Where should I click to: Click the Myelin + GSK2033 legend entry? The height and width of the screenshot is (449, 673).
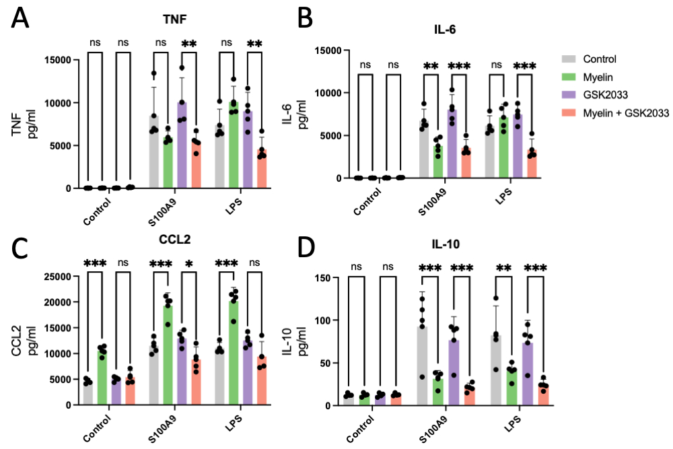pyautogui.click(x=627, y=113)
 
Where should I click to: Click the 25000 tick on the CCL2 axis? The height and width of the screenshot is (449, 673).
pyautogui.click(x=57, y=277)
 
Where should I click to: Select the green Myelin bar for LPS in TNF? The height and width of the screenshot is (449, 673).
pyautogui.click(x=234, y=145)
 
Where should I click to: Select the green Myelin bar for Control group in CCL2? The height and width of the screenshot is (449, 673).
pyautogui.click(x=102, y=377)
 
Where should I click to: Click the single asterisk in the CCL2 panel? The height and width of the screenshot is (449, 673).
pyautogui.click(x=190, y=262)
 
